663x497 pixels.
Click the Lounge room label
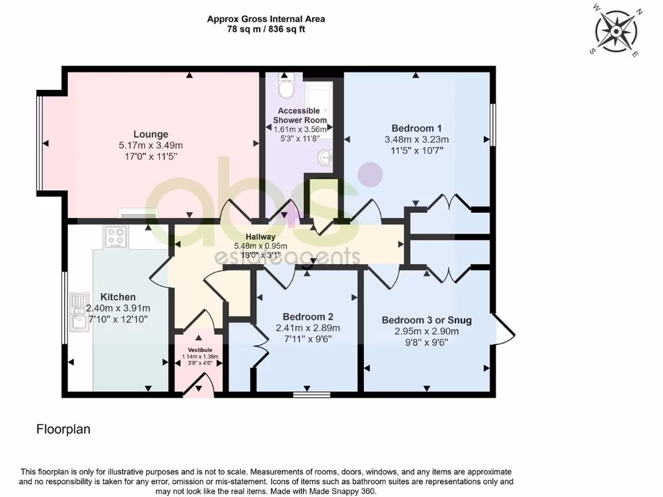[x=151, y=134]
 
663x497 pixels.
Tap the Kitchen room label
[x=118, y=297]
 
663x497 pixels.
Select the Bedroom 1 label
[x=416, y=127]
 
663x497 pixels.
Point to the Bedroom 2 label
[x=308, y=316]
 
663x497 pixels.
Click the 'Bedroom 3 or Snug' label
[x=426, y=320]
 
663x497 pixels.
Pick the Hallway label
[x=260, y=237]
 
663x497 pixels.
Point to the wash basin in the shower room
[x=326, y=157]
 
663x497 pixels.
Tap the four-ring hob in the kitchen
[x=117, y=237]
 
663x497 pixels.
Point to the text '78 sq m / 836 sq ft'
[x=265, y=30]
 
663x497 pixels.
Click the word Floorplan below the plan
[x=63, y=429]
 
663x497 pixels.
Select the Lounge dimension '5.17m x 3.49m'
[x=151, y=145]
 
